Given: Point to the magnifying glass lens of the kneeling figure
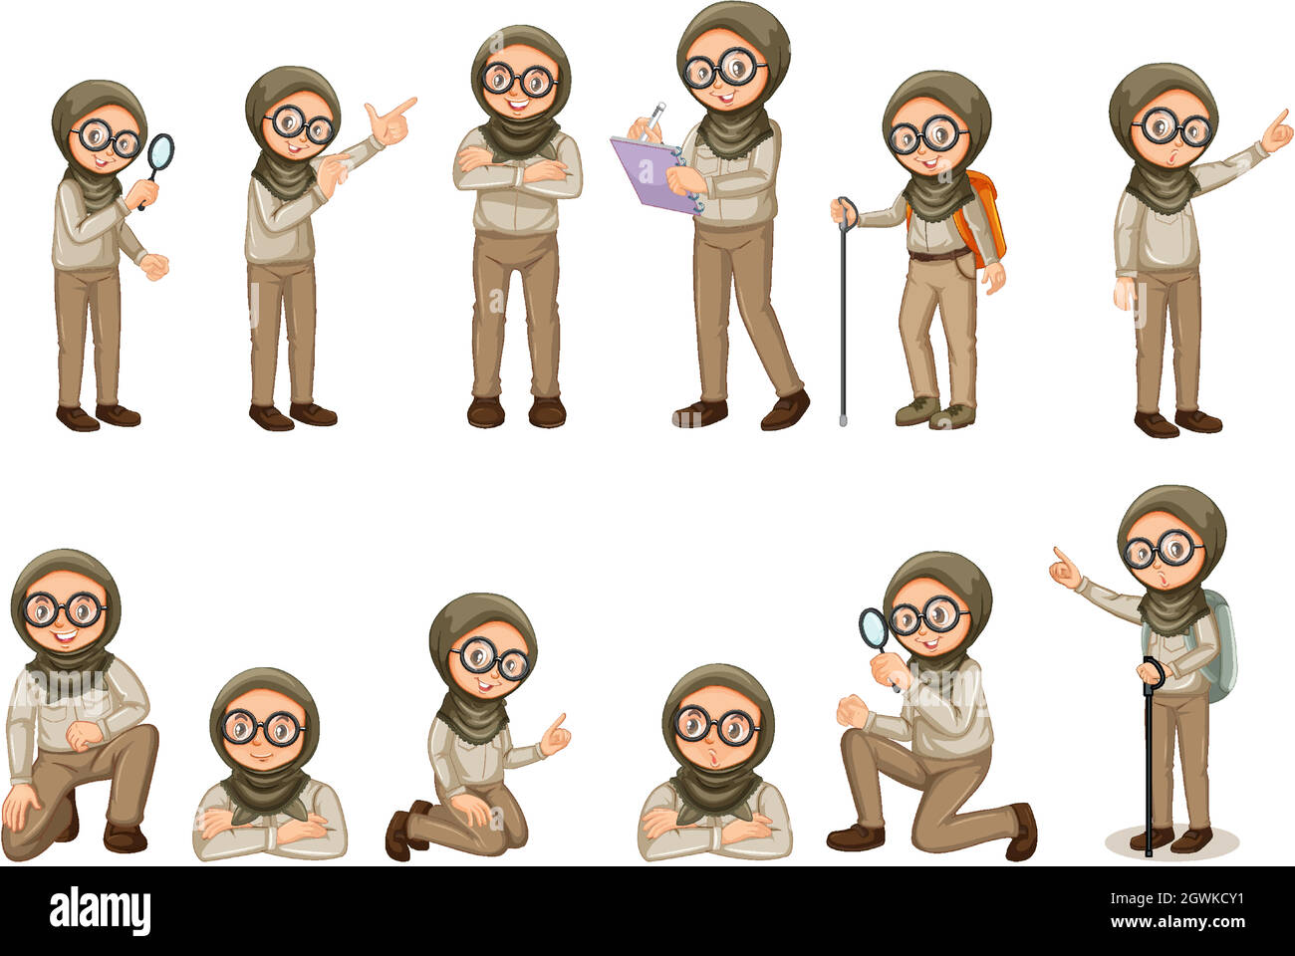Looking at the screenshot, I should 874,627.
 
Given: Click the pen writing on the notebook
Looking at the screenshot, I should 655,118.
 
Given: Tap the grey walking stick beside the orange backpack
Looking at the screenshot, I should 843,319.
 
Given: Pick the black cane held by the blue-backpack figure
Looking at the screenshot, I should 1149,767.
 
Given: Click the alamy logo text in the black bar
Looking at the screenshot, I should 100,910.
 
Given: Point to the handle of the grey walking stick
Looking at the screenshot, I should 846,209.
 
